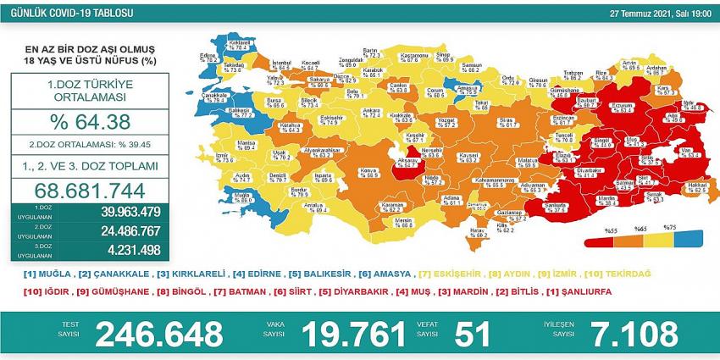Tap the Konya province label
point(368,171)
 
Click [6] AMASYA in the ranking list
point(388,274)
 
